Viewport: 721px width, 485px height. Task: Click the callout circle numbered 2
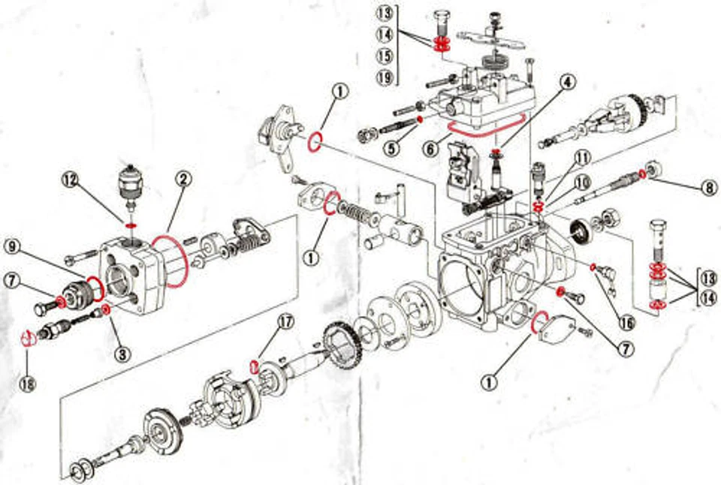tap(183, 179)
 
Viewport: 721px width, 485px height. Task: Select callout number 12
tap(70, 180)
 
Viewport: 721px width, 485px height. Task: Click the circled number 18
tap(27, 384)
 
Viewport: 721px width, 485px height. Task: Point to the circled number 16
tap(626, 323)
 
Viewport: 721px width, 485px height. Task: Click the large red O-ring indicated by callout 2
tap(170, 261)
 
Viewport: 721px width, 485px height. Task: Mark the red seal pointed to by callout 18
tap(27, 338)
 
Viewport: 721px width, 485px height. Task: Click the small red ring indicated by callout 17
tap(255, 366)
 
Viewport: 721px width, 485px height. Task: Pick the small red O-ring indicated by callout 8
tap(642, 174)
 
